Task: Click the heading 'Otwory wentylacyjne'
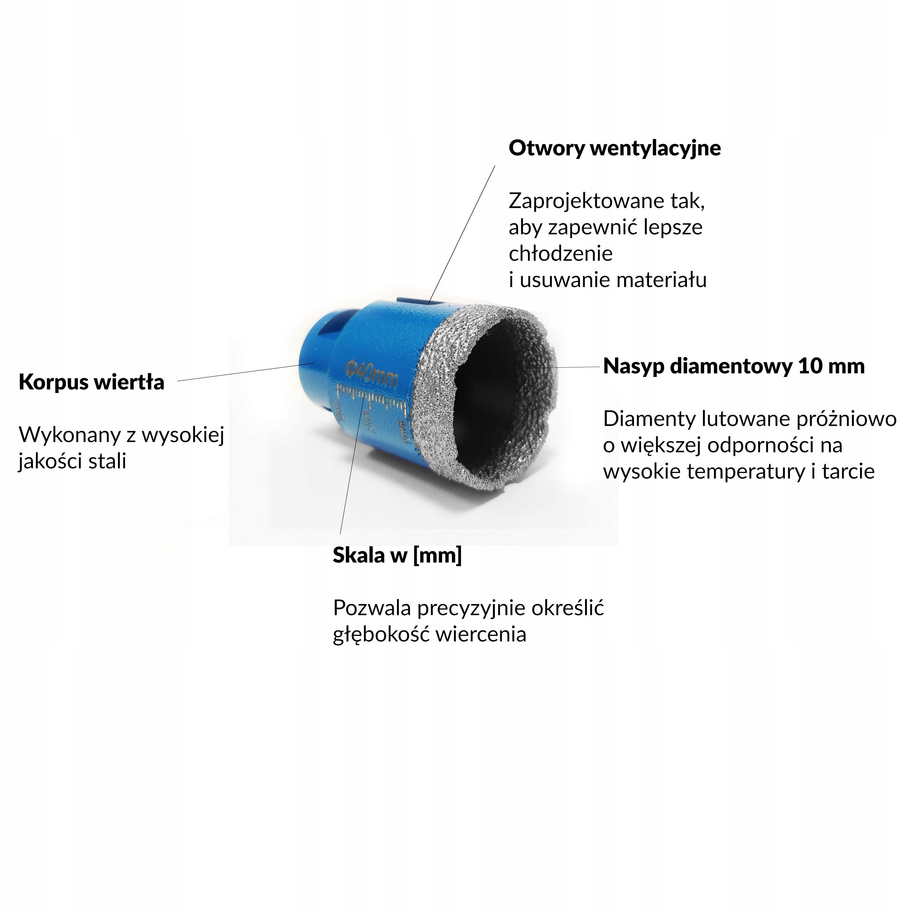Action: pos(614,148)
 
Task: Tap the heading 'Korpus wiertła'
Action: pos(91,382)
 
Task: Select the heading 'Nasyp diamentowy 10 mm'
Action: pos(734,366)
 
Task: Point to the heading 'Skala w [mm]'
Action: pos(397,555)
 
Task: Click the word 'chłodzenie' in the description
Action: pos(561,254)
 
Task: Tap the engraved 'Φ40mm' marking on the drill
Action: pos(371,374)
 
